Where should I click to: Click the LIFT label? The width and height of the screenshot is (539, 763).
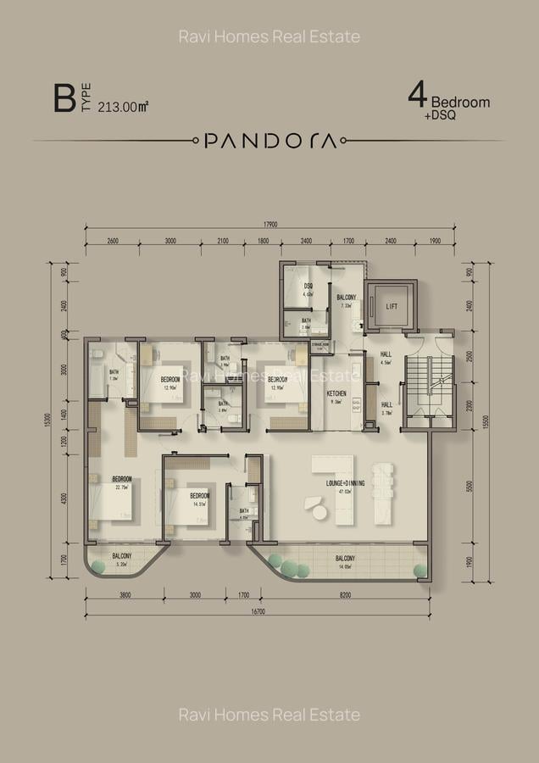click(392, 306)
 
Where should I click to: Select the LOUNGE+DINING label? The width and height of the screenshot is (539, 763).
click(346, 483)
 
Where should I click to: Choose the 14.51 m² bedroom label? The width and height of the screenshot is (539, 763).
click(200, 496)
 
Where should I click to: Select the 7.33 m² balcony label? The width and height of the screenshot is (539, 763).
click(346, 298)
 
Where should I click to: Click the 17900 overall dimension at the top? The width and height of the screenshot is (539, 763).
click(270, 224)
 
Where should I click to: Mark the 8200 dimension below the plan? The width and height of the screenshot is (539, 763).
click(345, 595)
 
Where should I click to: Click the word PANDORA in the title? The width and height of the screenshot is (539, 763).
click(270, 141)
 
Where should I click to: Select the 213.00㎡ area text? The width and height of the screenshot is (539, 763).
click(124, 107)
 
